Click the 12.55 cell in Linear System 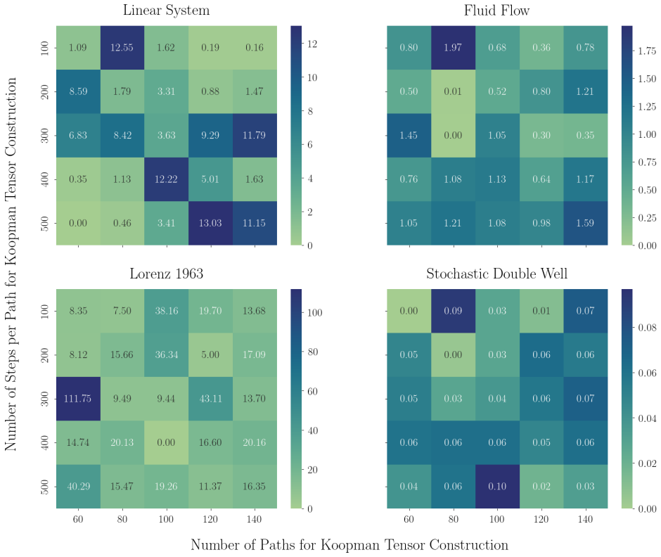click(122, 48)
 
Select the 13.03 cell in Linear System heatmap click(210, 223)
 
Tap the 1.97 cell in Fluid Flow click(453, 48)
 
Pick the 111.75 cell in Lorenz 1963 click(79, 399)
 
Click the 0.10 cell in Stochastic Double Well click(497, 487)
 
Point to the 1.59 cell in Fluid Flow click(586, 223)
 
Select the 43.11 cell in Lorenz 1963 click(210, 399)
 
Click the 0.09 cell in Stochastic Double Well click(453, 311)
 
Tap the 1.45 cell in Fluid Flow click(409, 135)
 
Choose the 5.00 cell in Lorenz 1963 click(210, 354)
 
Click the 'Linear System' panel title click(167, 10)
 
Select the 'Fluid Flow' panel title click(497, 10)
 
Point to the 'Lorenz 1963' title click(167, 274)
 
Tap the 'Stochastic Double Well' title click(497, 274)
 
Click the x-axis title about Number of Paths click(349, 545)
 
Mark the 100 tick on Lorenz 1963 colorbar click(315, 313)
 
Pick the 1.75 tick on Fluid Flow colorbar click(647, 51)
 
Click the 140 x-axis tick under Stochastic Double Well click(586, 520)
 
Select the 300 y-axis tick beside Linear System click(45, 135)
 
